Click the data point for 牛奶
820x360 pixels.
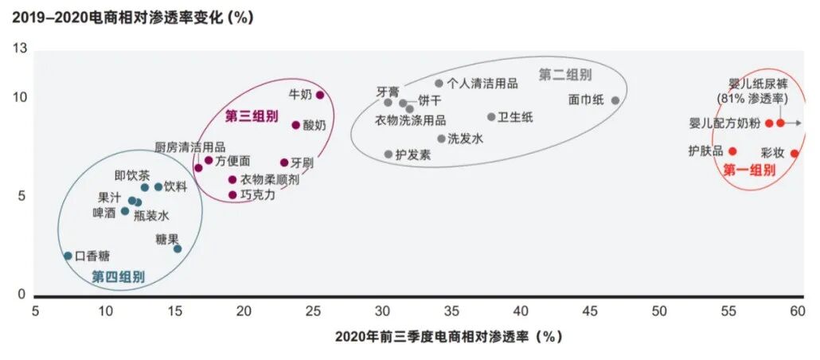pyautogui.click(x=320, y=95)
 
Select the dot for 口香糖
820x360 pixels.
pyautogui.click(x=68, y=256)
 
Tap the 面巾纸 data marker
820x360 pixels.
pyautogui.click(x=615, y=100)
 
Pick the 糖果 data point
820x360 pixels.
pyautogui.click(x=178, y=248)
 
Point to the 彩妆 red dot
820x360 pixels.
pyautogui.click(x=795, y=154)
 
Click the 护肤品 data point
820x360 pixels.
pyautogui.click(x=732, y=151)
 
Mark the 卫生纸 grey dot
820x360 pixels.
pyautogui.click(x=491, y=117)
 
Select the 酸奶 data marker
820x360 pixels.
pyautogui.click(x=296, y=125)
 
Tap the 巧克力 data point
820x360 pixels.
pyautogui.click(x=232, y=194)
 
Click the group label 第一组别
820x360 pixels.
pyautogui.click(x=748, y=170)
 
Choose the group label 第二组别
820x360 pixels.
pyautogui.click(x=565, y=75)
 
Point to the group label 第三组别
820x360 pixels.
pyautogui.click(x=252, y=116)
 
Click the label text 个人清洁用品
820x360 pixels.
pyautogui.click(x=482, y=83)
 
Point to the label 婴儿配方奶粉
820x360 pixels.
pyautogui.click(x=723, y=123)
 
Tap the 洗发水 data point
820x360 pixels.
pyautogui.click(x=441, y=139)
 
